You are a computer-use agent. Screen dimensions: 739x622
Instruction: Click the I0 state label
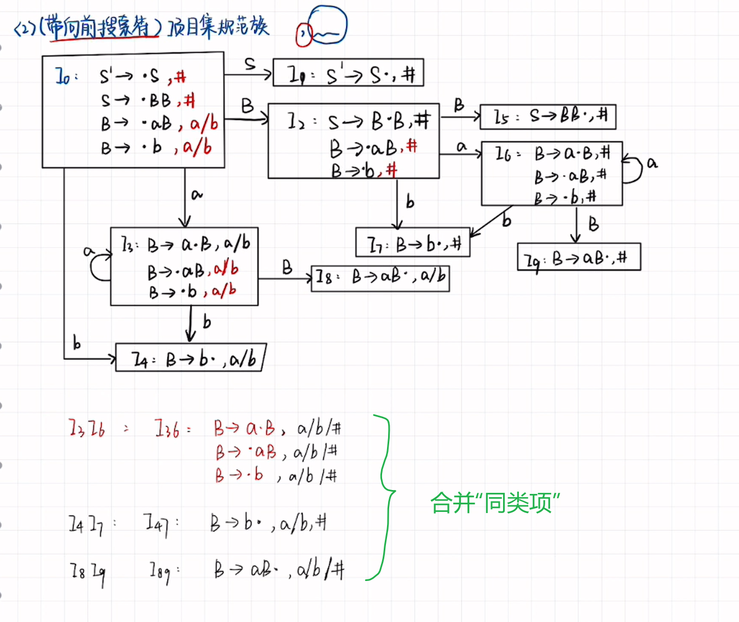65,77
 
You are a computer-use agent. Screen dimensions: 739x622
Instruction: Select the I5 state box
548,117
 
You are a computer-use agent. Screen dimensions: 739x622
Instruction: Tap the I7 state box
413,243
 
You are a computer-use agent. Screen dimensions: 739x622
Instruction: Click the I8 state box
380,278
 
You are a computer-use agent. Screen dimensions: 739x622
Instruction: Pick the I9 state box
579,257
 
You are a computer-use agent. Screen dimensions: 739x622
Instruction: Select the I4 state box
190,358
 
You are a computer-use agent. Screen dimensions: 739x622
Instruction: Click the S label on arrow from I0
250,64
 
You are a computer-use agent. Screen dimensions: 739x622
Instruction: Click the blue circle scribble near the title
327,26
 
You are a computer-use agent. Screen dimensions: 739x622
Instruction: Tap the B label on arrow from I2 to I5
459,105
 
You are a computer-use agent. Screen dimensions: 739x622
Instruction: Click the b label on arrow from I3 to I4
206,321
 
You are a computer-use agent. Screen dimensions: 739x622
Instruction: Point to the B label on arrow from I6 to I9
593,223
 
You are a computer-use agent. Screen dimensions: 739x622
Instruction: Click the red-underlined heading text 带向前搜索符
99,26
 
